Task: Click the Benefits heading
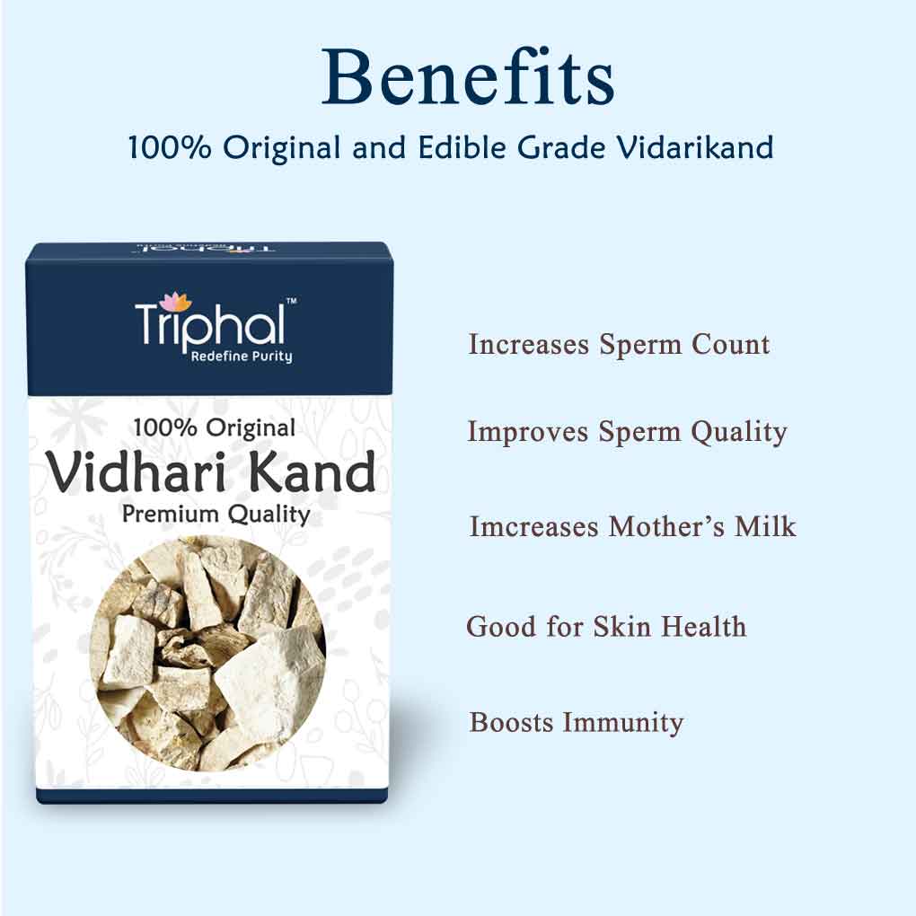468,77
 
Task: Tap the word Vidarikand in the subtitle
696,147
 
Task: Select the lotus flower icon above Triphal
176,302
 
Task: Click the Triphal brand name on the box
210,325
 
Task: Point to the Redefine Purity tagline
242,357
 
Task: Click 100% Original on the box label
215,428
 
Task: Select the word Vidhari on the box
137,471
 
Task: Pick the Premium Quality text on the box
216,515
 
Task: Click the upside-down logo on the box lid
206,248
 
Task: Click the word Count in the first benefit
730,344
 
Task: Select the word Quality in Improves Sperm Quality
739,433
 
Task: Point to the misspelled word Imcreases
534,526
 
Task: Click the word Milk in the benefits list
765,526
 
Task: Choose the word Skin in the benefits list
621,627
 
